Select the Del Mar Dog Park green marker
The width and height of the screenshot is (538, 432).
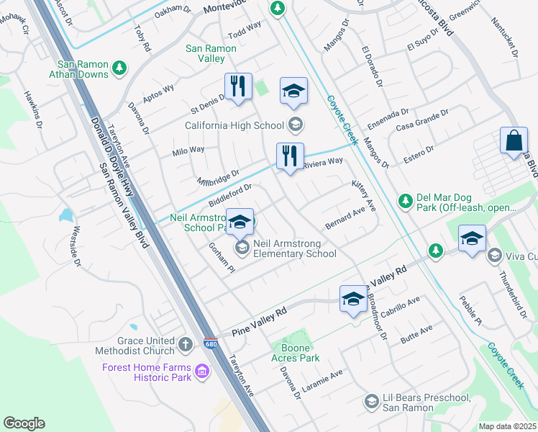tap(405, 199)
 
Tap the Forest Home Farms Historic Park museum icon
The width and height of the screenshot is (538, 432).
tap(202, 372)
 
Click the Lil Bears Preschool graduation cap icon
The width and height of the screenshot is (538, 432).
tap(372, 401)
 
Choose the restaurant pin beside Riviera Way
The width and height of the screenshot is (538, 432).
tap(290, 156)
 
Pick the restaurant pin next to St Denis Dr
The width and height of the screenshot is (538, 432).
tap(238, 87)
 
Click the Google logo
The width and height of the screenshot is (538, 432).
tap(24, 423)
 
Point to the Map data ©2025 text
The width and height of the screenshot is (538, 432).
tap(507, 426)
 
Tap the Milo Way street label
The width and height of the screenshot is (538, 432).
tap(188, 150)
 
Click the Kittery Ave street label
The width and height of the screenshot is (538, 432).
tap(364, 196)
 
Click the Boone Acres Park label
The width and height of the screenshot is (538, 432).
tap(295, 353)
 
